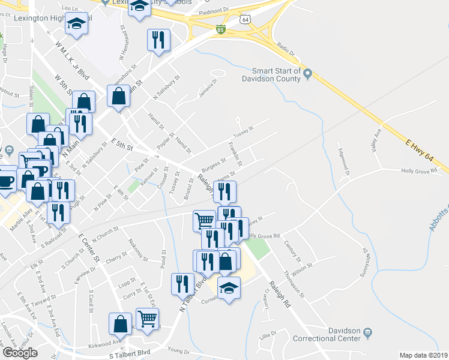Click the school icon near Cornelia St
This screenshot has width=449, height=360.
click(x=229, y=289)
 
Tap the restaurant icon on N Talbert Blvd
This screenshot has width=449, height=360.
click(x=182, y=284)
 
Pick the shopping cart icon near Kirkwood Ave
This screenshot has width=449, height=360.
click(x=147, y=319)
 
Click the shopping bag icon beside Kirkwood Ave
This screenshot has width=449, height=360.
click(x=120, y=323)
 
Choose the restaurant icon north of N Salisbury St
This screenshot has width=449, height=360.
click(x=158, y=40)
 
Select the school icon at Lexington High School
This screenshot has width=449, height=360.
click(x=76, y=24)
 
